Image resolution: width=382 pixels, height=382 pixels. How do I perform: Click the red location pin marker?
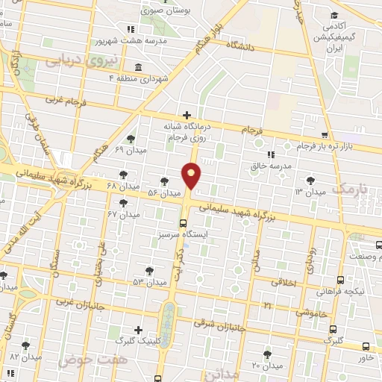tap(192, 176)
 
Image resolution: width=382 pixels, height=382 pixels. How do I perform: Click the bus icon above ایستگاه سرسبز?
tap(184, 223)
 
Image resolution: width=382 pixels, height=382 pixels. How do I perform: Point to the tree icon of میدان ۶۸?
tap(122, 181)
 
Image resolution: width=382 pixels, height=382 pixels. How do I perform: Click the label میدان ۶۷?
tap(124, 214)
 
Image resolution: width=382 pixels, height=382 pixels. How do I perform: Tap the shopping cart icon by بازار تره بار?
tap(324, 135)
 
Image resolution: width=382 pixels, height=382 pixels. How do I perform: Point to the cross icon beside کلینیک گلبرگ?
tap(138, 330)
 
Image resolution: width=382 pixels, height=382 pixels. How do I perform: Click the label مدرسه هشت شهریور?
tap(119, 40)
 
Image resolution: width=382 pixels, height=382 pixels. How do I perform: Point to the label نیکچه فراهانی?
tap(339, 291)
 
